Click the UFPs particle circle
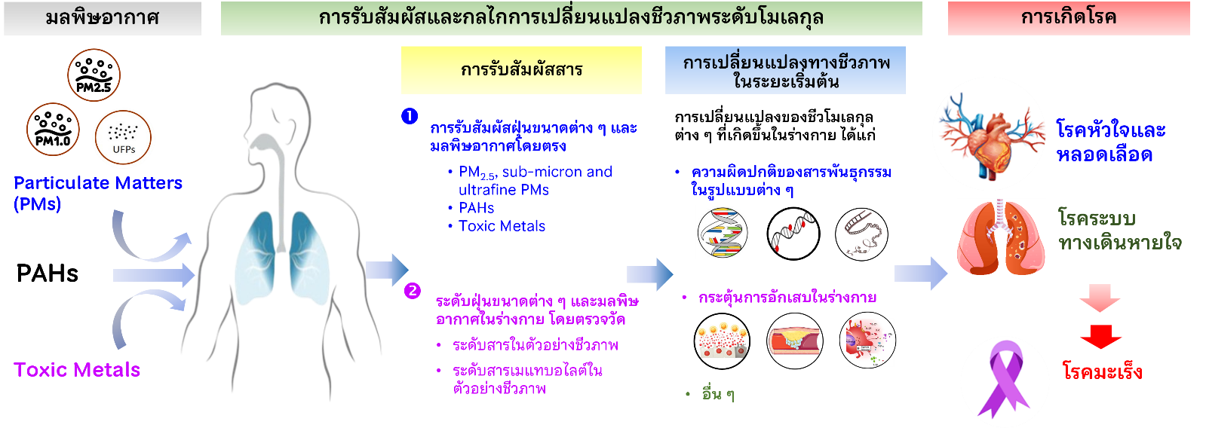click(124, 138)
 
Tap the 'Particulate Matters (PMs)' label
click(97, 193)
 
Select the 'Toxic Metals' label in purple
click(77, 370)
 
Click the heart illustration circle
click(988, 134)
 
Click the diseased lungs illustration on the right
click(1001, 237)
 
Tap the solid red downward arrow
click(1100, 336)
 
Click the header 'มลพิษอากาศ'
click(103, 18)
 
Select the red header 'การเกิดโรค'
click(1068, 18)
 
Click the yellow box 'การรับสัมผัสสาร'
click(521, 70)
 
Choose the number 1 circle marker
click(410, 116)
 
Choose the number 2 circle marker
click(412, 290)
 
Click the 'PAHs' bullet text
click(476, 208)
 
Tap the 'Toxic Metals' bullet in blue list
click(502, 226)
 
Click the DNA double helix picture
click(722, 233)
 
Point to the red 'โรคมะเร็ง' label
click(1102, 372)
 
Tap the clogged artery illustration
click(793, 341)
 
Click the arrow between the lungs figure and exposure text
click(386, 270)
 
